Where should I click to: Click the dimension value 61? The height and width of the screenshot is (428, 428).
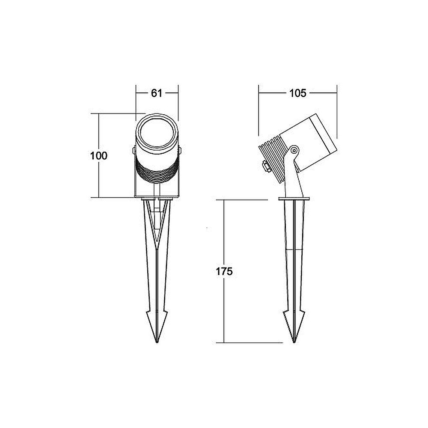click(x=157, y=93)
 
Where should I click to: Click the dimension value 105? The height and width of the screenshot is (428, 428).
click(x=298, y=93)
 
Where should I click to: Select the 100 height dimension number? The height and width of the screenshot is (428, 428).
click(x=99, y=156)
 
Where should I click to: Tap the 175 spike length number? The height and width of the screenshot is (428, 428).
click(x=224, y=272)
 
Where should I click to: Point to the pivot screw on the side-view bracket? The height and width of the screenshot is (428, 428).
click(x=294, y=150)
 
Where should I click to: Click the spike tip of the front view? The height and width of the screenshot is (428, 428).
click(x=157, y=342)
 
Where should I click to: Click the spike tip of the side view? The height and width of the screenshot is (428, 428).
click(x=294, y=342)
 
